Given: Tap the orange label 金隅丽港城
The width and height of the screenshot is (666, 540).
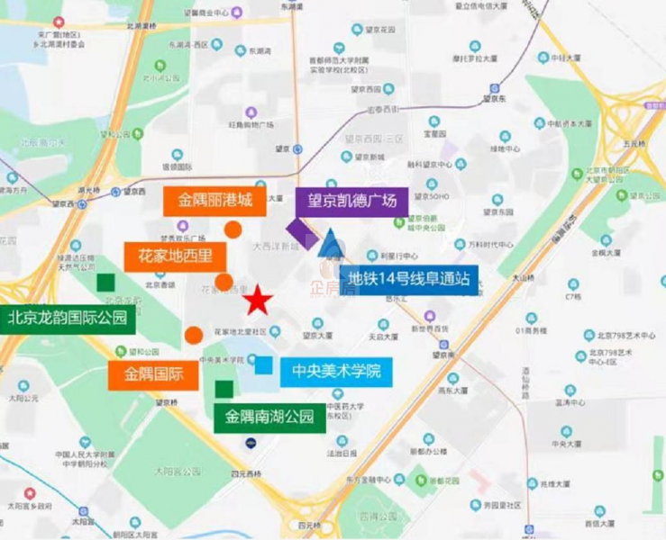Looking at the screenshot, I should (214, 200).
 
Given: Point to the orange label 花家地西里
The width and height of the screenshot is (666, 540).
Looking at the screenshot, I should (175, 256).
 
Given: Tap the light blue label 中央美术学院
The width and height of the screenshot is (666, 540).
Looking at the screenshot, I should (336, 370).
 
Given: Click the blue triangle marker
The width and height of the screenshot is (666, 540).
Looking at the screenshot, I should (331, 244).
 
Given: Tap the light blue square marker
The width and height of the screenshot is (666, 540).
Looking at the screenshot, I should (263, 364).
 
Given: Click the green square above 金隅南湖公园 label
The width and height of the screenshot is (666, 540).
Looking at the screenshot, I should (224, 389).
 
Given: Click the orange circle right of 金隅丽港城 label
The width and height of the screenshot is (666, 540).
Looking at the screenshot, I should (233, 229).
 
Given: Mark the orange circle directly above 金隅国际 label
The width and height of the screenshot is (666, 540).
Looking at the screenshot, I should (193, 336).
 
